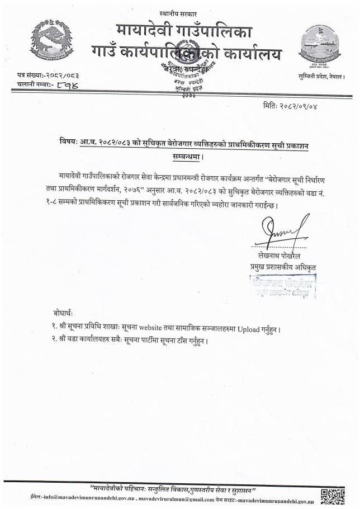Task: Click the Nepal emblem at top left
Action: [x=48, y=40]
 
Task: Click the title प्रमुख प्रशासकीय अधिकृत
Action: [x=283, y=267]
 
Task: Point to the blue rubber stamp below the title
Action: [x=283, y=286]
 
